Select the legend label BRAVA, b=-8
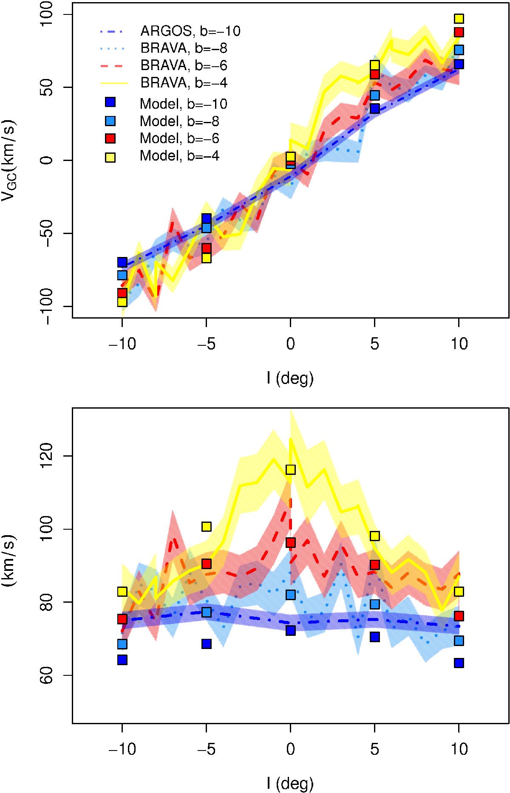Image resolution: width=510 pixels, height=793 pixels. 187,48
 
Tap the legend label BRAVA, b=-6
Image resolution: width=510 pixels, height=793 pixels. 187,65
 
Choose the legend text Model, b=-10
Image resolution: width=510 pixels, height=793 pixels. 183,104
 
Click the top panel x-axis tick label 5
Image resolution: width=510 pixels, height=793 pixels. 374,343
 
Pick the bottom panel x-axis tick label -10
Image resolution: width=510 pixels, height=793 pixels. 122,748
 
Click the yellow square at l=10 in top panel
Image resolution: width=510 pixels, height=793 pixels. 459,19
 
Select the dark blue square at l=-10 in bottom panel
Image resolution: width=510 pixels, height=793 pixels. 122,660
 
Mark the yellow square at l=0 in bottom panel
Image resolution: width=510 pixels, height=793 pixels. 290,469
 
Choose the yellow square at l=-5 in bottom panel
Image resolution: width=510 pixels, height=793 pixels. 206,527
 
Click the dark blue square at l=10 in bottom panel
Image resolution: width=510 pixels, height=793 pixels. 459,663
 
